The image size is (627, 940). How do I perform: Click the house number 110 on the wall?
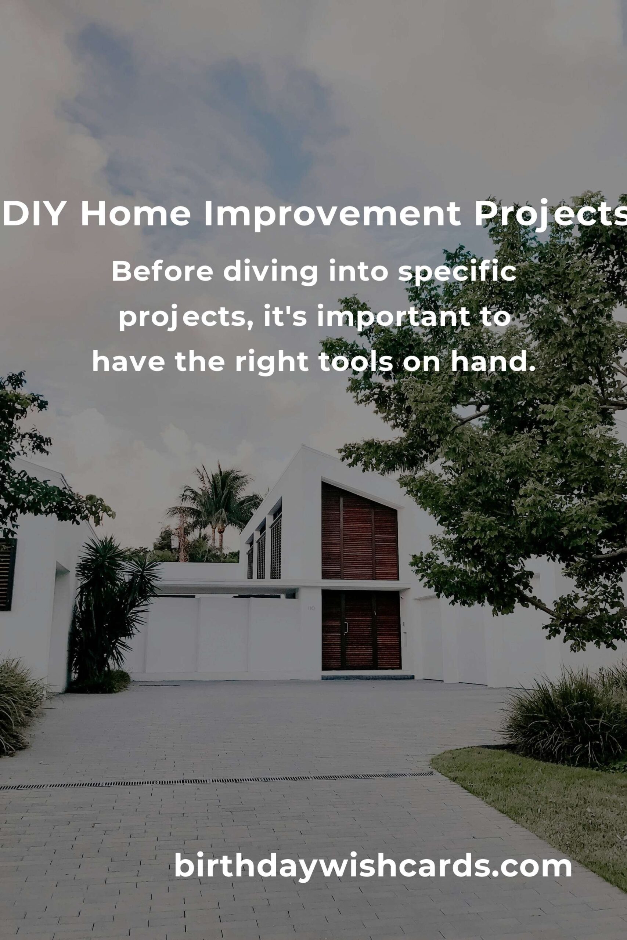point(311,608)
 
